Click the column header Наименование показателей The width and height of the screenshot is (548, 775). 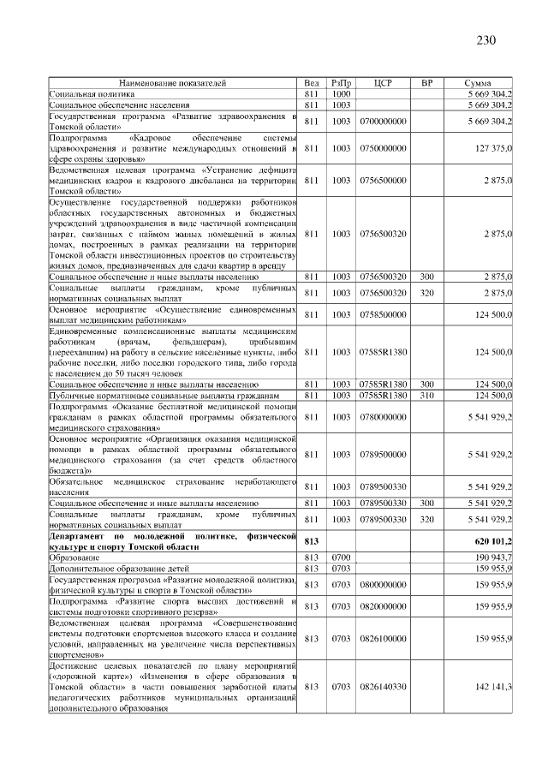tap(173, 83)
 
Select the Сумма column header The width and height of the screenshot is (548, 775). tap(477, 83)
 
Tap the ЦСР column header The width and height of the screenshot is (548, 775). tap(383, 83)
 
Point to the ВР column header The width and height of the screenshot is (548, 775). tap(427, 83)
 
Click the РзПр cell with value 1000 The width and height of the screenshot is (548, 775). tap(342, 93)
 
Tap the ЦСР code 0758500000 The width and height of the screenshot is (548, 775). tap(383, 314)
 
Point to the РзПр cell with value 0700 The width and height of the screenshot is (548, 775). tap(342, 557)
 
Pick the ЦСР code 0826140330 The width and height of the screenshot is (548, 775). tap(383, 687)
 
